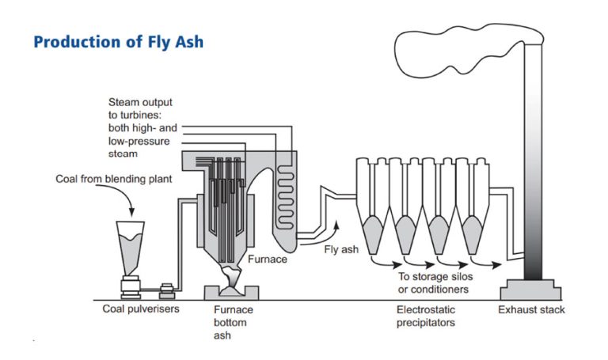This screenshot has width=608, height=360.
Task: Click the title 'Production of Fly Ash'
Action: (x=118, y=42)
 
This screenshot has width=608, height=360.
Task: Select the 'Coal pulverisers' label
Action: (x=141, y=309)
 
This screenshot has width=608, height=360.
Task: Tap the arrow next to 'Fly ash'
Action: (x=336, y=230)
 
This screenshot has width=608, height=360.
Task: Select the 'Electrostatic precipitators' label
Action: (x=427, y=316)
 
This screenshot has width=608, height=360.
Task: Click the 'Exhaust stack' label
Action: (x=531, y=309)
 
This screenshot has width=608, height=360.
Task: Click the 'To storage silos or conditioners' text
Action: (x=435, y=282)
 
